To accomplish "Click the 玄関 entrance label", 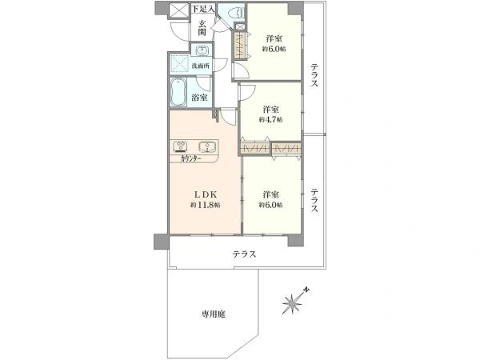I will pos(204,28).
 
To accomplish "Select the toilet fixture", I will pos(233,14).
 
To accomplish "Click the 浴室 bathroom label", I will pos(200,98).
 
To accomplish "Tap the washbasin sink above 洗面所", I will pos(201,50).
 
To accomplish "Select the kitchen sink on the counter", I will pos(207,146).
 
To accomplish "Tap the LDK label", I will pos(204,194).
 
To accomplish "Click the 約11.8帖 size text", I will pos(205,206).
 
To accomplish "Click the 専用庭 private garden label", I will pos(213,314).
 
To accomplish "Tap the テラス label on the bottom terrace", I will pos(244,254).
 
